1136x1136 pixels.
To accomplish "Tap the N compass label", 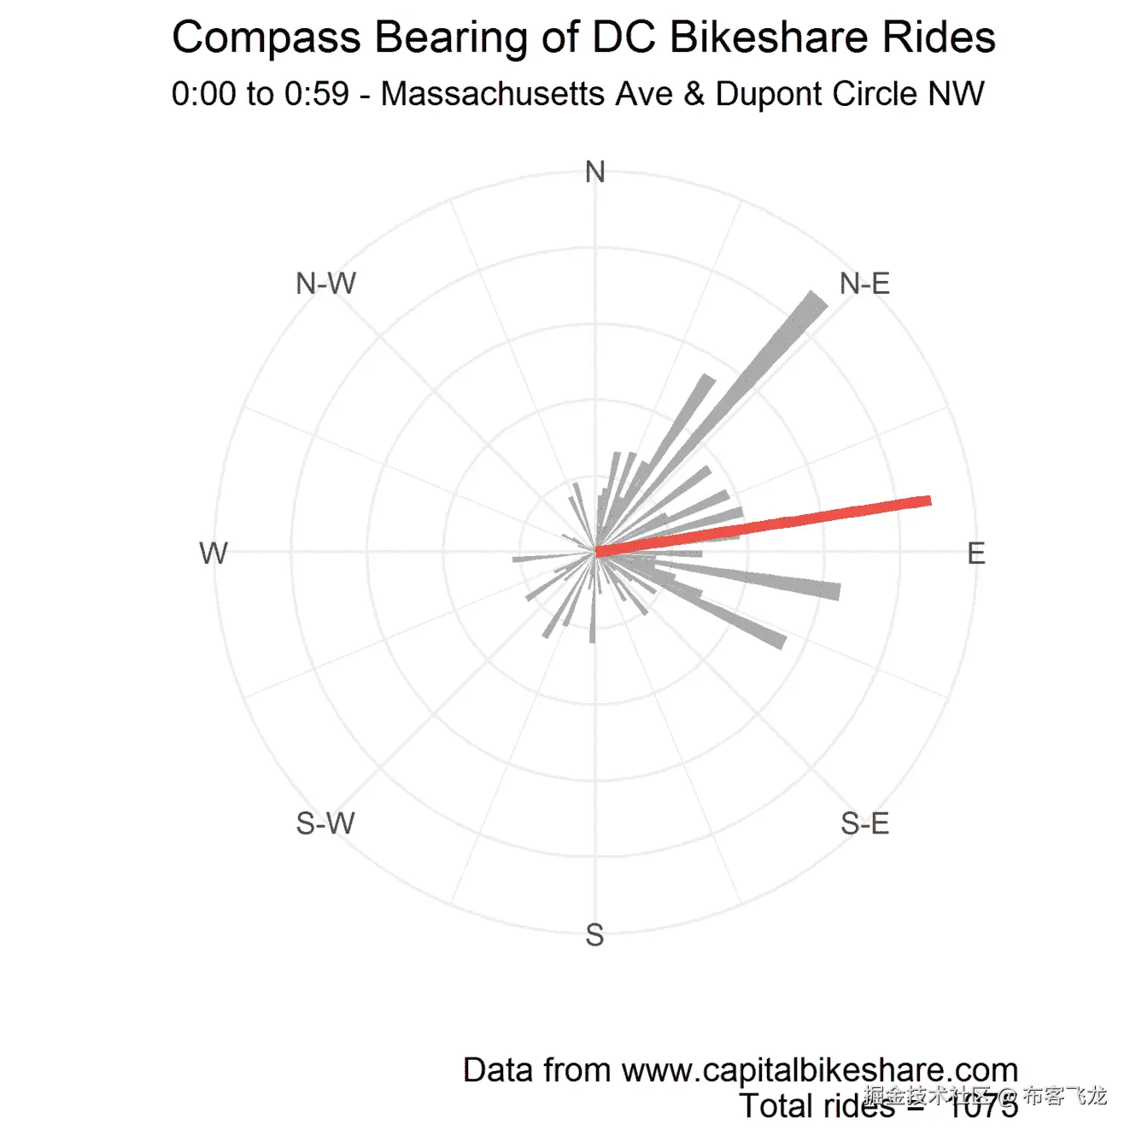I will point(595,173).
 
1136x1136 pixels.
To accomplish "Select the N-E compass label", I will point(864,284).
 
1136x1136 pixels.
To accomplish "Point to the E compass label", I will point(976,553).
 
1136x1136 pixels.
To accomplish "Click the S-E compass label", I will point(864,823).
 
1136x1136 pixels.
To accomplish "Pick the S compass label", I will point(595,935).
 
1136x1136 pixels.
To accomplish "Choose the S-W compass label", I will point(325,823).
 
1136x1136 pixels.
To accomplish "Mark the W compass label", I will point(214,553).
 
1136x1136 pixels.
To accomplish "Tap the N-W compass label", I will point(325,284).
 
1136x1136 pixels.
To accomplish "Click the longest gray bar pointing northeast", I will point(769,359).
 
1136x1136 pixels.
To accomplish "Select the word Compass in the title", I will point(267,38).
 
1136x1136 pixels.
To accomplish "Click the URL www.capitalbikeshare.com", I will point(819,1070).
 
